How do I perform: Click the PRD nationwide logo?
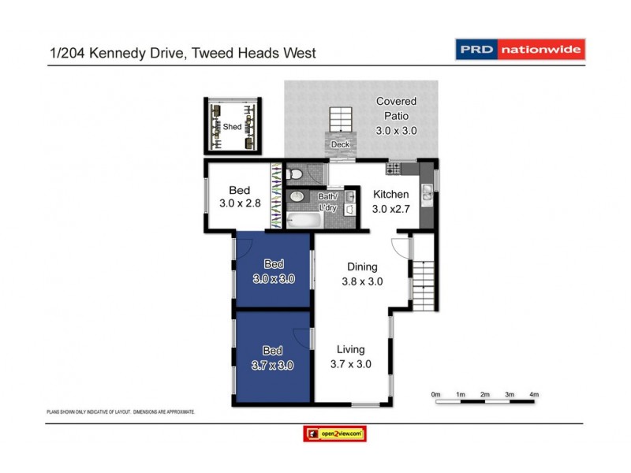[521, 50]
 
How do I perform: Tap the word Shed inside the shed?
[232, 126]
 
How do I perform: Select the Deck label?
[340, 144]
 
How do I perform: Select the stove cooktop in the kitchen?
[394, 169]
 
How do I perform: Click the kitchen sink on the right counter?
[427, 192]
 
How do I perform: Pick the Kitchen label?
[390, 195]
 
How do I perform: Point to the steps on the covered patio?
[342, 120]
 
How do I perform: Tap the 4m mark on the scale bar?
[534, 394]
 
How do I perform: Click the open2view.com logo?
[334, 434]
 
